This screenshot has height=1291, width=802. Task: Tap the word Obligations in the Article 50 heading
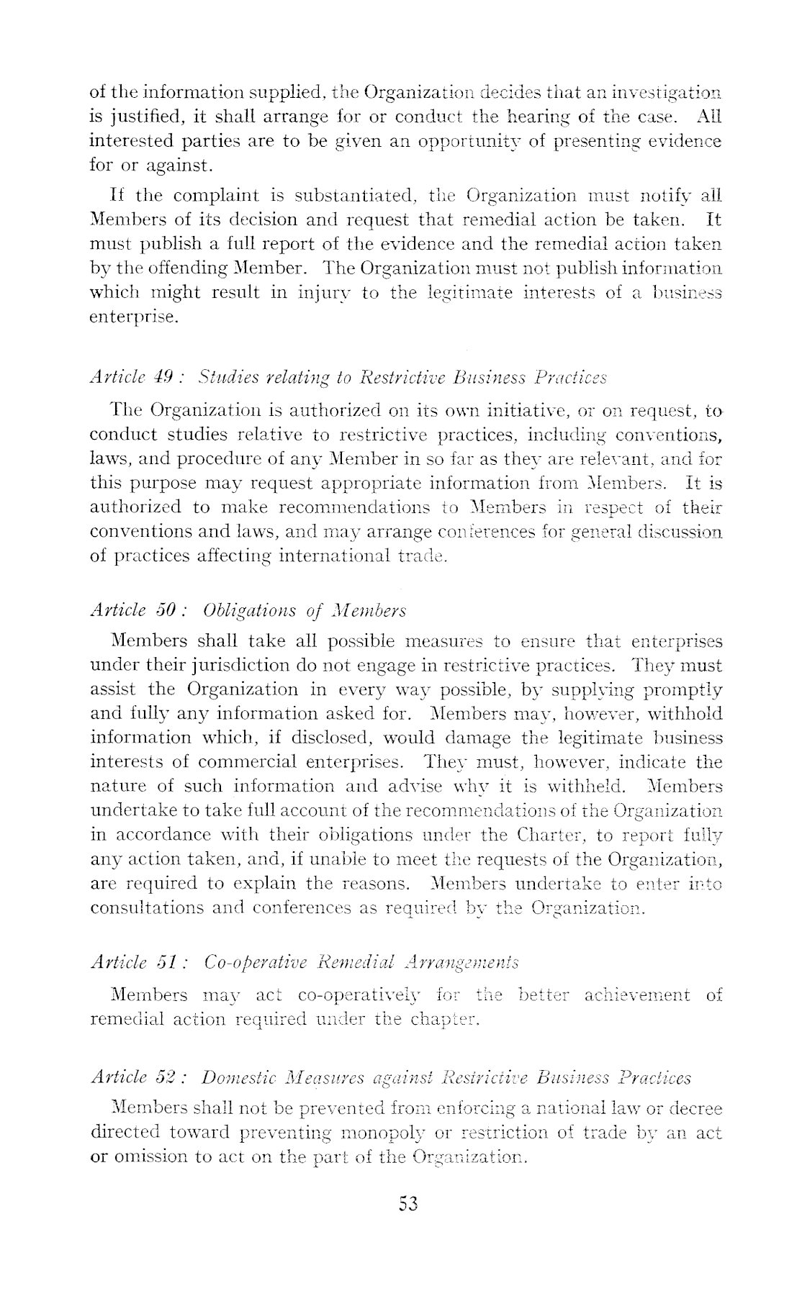click(x=243, y=610)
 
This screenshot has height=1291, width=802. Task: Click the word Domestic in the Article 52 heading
click(x=235, y=1077)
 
